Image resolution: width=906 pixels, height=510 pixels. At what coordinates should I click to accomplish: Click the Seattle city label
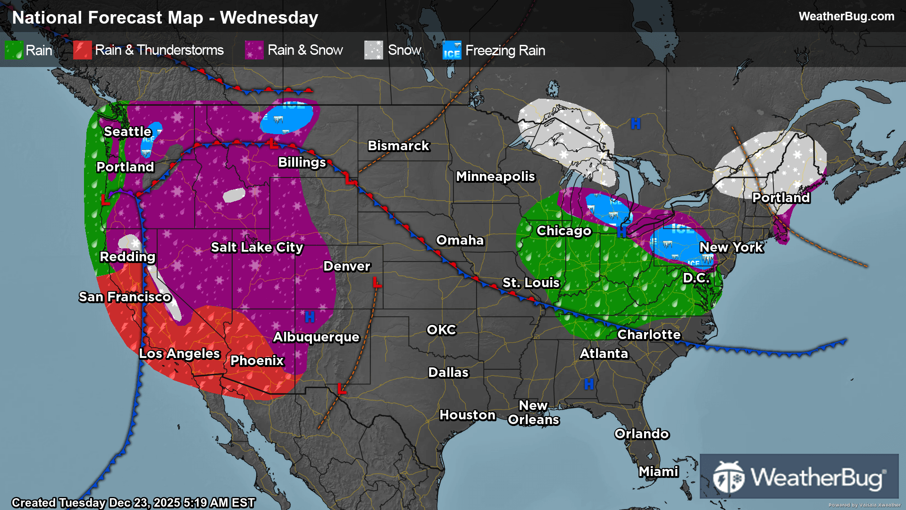click(x=127, y=132)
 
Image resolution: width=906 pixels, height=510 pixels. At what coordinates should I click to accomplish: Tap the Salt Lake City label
click(x=257, y=247)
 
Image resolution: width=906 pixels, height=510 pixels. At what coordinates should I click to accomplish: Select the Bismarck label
click(x=398, y=146)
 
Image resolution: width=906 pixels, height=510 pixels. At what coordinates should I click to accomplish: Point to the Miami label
click(x=658, y=472)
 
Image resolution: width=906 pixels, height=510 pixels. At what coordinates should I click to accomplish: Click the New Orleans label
click(x=533, y=413)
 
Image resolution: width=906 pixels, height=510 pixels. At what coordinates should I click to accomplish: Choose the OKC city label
click(x=441, y=330)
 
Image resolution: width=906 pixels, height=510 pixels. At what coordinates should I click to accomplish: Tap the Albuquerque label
click(x=316, y=337)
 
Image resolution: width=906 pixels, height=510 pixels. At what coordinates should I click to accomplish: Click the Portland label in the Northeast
click(x=781, y=198)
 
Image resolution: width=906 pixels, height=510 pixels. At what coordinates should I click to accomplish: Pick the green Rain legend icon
click(x=14, y=50)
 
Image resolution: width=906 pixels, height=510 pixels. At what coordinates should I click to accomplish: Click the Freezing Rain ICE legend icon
click(x=452, y=50)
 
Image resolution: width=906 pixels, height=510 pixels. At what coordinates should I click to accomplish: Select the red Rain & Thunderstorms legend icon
click(x=83, y=50)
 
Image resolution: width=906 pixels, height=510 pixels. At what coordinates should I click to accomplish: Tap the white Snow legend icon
click(x=373, y=50)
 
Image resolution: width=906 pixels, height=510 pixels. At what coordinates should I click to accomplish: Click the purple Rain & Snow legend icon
click(x=254, y=50)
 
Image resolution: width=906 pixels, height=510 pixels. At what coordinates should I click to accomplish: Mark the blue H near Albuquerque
click(x=310, y=317)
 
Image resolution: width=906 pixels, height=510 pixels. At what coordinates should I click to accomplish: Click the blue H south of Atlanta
click(x=589, y=384)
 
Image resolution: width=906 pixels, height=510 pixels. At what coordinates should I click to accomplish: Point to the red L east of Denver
click(x=377, y=283)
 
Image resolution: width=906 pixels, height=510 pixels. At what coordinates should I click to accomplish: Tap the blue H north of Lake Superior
click(x=636, y=124)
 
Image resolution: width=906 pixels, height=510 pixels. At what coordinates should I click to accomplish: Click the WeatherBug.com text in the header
click(x=846, y=17)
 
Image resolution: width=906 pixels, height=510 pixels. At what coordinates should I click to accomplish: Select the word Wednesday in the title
click(x=269, y=18)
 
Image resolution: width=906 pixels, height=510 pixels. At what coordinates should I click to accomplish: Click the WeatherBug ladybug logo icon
click(x=729, y=477)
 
